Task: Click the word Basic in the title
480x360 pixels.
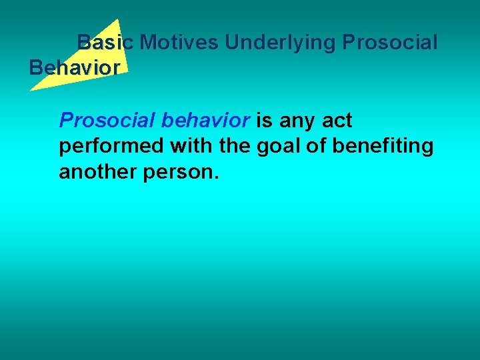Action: coord(105,43)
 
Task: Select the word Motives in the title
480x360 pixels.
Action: coord(179,43)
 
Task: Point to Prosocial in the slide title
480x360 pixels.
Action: coord(390,43)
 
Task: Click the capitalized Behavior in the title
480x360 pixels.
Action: coord(75,68)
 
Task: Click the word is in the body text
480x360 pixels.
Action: coord(265,121)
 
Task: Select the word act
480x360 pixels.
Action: coord(337,121)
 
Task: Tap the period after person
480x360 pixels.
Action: coord(215,177)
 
